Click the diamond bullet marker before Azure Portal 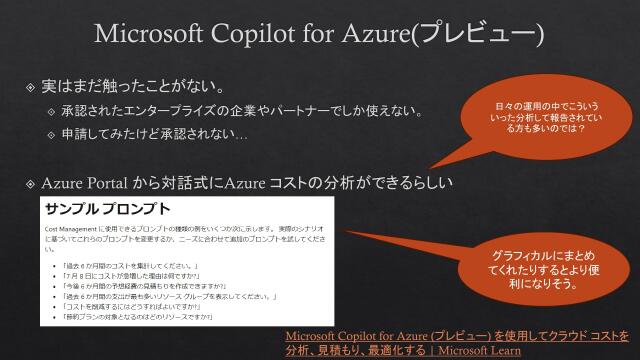pyautogui.click(x=30, y=184)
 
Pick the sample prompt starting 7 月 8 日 pyautogui.click(x=139, y=277)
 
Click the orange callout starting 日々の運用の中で pyautogui.click(x=540, y=116)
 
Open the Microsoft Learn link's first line pyautogui.click(x=456, y=335)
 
